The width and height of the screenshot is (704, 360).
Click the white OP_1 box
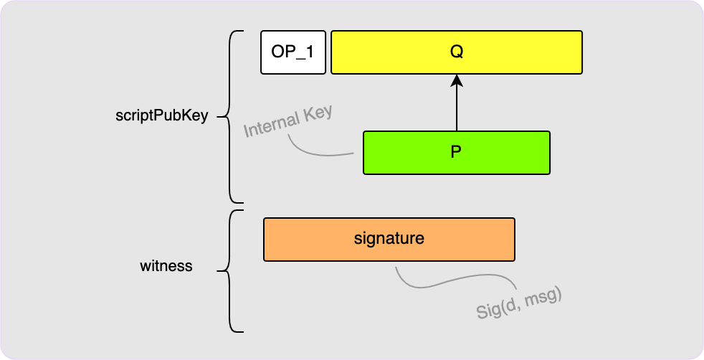pyautogui.click(x=292, y=52)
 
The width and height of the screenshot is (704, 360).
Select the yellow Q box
pyautogui.click(x=502, y=52)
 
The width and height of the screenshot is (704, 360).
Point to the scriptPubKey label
pyautogui.click(x=161, y=116)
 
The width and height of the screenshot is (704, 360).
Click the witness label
pyautogui.click(x=166, y=266)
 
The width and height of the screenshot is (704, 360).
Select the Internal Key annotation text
pyautogui.click(x=288, y=123)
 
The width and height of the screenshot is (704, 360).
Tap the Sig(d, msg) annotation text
pyautogui.click(x=518, y=302)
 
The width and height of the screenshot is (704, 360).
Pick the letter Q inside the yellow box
pyautogui.click(x=457, y=52)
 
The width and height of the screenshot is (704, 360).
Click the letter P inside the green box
pyautogui.click(x=456, y=152)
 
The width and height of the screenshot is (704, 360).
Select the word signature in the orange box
pyautogui.click(x=389, y=239)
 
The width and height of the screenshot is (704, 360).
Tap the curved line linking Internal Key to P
pyautogui.click(x=315, y=151)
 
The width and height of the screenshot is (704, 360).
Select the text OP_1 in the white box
pyautogui.click(x=292, y=52)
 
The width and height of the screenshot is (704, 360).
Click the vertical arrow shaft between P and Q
pyautogui.click(x=457, y=108)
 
